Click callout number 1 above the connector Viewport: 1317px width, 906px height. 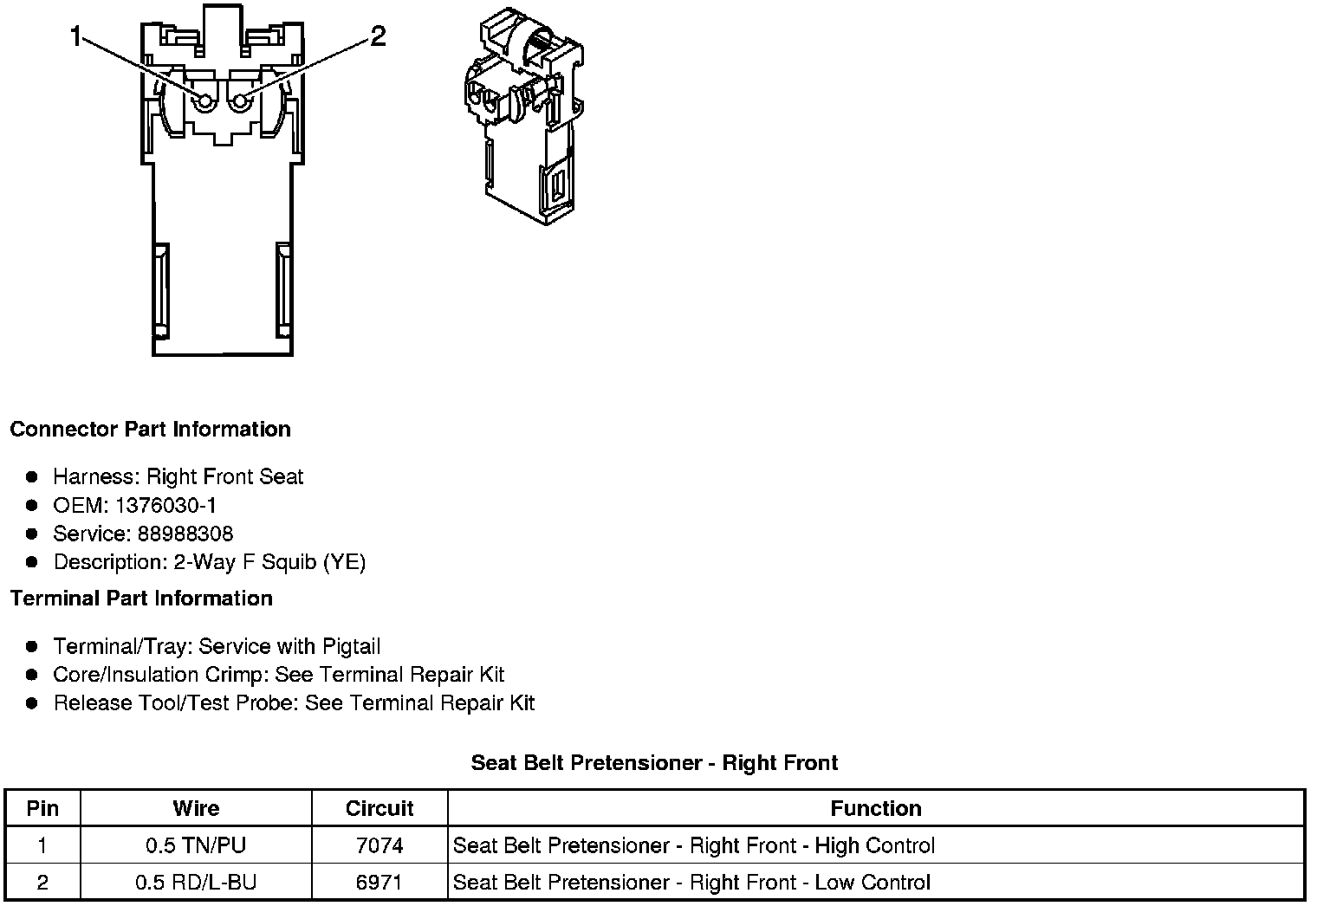tap(77, 36)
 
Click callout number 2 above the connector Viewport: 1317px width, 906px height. tap(378, 36)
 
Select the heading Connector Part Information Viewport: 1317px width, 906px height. tap(150, 430)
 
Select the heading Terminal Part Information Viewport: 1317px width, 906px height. tap(141, 599)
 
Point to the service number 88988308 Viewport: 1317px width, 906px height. tap(185, 534)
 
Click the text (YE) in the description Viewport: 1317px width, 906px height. tap(344, 562)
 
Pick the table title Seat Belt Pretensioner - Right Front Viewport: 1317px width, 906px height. tap(654, 763)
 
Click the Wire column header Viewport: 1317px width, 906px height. tap(196, 809)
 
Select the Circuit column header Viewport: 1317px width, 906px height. tap(380, 809)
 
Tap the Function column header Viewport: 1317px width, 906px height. tap(875, 809)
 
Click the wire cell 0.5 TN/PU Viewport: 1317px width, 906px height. tap(196, 846)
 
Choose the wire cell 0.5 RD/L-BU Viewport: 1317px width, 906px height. tap(196, 883)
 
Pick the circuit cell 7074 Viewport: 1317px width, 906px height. tap(380, 846)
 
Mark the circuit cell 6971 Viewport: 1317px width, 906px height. tap(380, 883)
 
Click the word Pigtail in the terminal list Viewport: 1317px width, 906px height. tap(351, 647)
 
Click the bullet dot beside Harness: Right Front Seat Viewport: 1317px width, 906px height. tap(32, 476)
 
